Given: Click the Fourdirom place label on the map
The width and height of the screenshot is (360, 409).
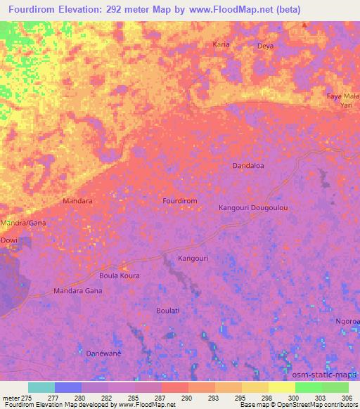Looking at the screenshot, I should click(x=179, y=201).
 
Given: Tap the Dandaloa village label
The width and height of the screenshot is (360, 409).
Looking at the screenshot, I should click(x=248, y=166).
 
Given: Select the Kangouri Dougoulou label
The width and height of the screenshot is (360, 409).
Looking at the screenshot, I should click(x=254, y=208).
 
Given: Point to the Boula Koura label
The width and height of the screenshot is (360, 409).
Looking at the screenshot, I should click(x=119, y=275).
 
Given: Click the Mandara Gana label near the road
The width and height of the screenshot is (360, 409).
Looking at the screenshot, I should click(x=78, y=290).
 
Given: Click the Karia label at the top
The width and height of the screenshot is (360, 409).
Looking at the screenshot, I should click(x=221, y=44).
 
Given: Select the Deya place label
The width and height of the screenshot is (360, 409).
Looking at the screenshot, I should click(x=265, y=46).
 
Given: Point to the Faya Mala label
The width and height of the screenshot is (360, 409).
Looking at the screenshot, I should click(x=343, y=95).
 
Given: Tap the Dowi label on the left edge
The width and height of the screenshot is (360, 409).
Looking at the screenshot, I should click(x=8, y=240).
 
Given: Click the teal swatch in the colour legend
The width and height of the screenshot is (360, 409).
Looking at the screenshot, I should click(x=41, y=387).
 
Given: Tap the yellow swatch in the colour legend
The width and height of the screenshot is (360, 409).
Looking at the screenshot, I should click(x=281, y=387).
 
